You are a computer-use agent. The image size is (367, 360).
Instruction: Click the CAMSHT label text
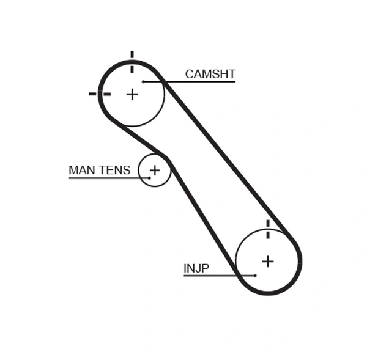pyautogui.click(x=210, y=74)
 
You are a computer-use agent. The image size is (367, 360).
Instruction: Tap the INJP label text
pyautogui.click(x=196, y=268)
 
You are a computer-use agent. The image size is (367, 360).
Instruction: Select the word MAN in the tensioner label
pyautogui.click(x=81, y=170)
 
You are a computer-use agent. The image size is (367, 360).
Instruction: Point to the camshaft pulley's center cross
pyautogui.click(x=132, y=94)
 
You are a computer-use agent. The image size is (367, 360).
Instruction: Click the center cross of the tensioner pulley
pyautogui.click(x=155, y=170)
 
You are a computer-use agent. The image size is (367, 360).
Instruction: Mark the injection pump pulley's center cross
pyautogui.click(x=268, y=261)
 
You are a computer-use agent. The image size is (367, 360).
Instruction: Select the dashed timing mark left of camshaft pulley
pyautogui.click(x=99, y=94)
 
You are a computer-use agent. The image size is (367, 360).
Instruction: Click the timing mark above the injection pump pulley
pyautogui.click(x=268, y=229)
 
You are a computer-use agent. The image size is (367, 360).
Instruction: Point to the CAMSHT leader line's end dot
pyautogui.click(x=143, y=81)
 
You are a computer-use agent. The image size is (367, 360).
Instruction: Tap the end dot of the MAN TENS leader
pyautogui.click(x=149, y=178)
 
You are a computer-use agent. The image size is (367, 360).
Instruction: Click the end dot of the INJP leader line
pyautogui.click(x=255, y=276)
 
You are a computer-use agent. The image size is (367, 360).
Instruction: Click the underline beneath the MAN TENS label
pyautogui.click(x=104, y=178)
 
